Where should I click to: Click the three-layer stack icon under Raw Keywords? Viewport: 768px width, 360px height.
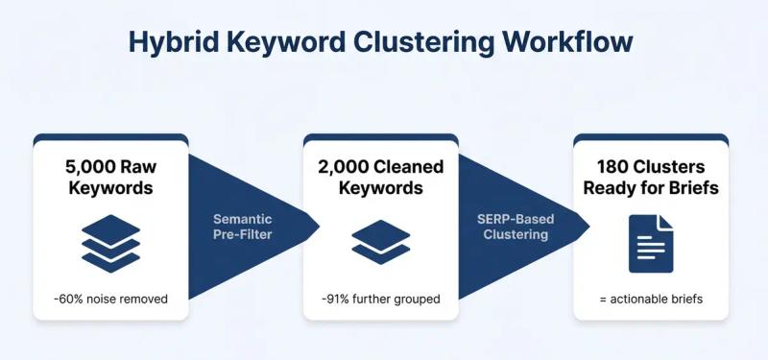110,243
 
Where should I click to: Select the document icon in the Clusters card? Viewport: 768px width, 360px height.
651,243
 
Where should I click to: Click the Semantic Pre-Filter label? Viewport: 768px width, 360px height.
241,227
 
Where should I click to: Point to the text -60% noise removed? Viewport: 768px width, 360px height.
110,299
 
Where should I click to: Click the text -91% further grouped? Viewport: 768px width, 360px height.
381,299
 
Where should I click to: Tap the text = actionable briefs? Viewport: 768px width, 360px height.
651,299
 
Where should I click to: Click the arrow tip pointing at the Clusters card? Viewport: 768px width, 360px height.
587,227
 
